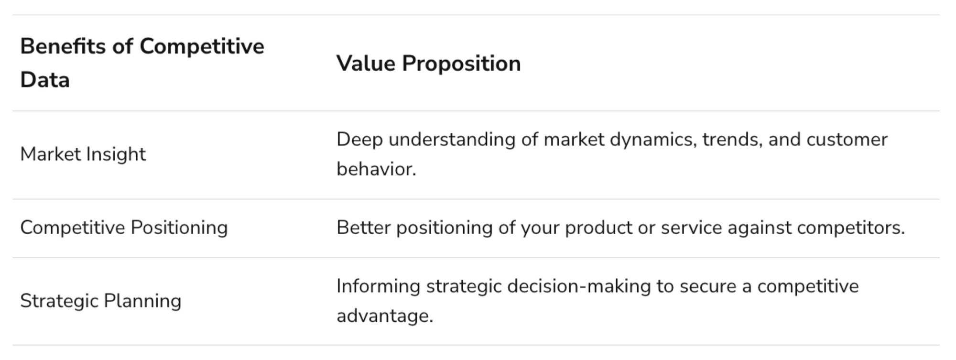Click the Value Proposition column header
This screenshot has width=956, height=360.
(x=428, y=64)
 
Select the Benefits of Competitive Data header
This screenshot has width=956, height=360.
(x=142, y=63)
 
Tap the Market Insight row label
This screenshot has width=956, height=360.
(x=83, y=154)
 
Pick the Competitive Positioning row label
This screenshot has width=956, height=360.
(x=124, y=228)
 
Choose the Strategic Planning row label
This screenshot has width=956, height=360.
(x=100, y=301)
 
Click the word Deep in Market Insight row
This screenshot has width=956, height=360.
(x=359, y=140)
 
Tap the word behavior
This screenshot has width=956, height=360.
(x=376, y=169)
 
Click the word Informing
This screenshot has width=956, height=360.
(x=378, y=286)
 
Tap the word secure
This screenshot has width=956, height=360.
(x=708, y=287)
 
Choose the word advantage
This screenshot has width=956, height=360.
(x=385, y=316)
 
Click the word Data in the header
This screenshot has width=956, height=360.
(x=45, y=80)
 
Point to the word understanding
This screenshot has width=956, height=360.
(x=452, y=140)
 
